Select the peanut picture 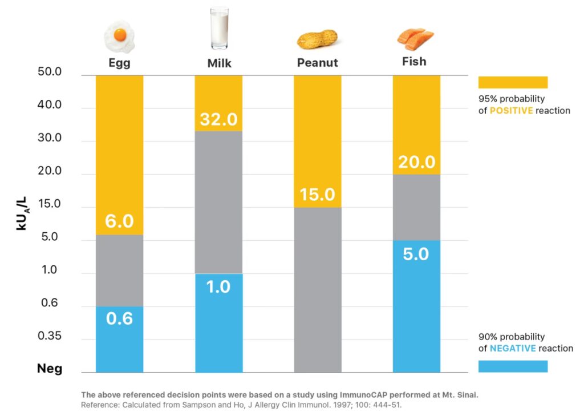[x=317, y=40]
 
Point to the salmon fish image [x=415, y=38]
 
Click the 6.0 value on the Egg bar [x=119, y=221]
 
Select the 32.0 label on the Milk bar [x=218, y=120]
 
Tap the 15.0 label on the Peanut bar [x=317, y=195]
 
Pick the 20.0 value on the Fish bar [x=416, y=162]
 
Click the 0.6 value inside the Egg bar [x=119, y=318]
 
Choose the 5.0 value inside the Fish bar [x=416, y=253]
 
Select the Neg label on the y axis [x=50, y=369]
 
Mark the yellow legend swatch [x=513, y=82]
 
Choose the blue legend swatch [x=513, y=366]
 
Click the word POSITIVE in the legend [x=511, y=111]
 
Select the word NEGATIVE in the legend [x=513, y=348]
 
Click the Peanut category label [x=317, y=63]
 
